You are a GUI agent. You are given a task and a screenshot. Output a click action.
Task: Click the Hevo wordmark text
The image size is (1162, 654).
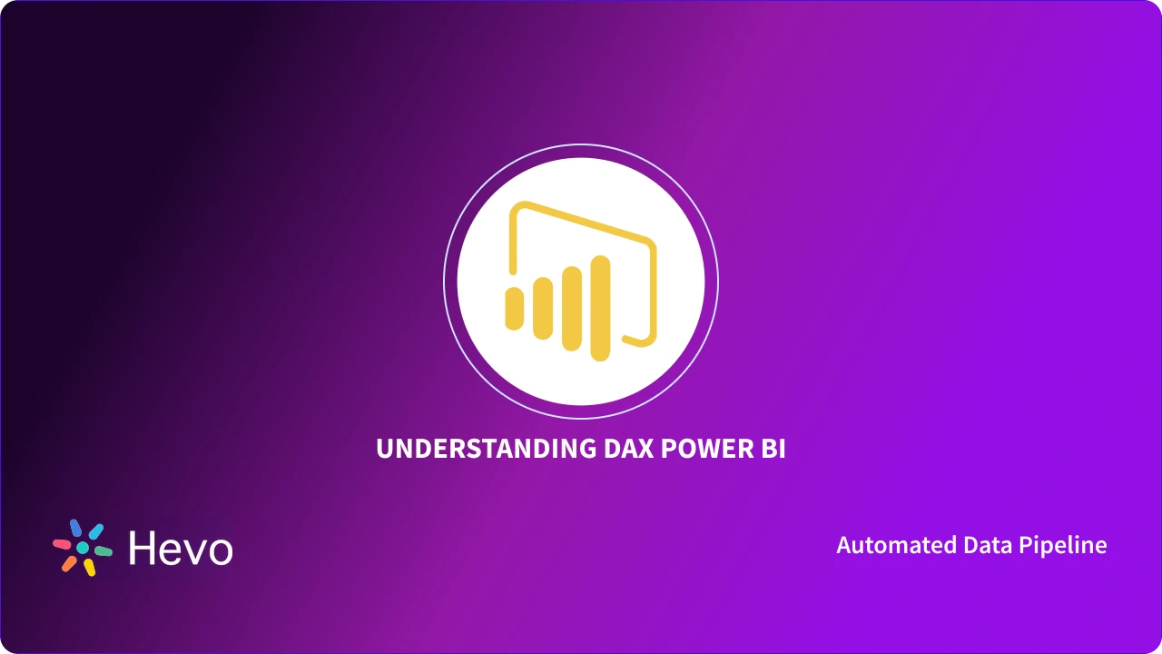click(x=181, y=549)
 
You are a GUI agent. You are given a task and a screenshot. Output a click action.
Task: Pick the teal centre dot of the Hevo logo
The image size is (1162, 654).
click(x=83, y=548)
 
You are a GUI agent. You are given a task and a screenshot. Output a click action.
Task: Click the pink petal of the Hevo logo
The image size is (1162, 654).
click(x=62, y=544)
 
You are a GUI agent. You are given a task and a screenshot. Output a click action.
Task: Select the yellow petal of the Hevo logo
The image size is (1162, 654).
click(x=89, y=568)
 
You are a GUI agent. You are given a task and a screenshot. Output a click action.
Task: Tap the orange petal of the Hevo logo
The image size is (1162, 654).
click(x=69, y=563)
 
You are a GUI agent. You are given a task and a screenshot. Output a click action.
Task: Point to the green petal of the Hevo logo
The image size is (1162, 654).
click(x=103, y=551)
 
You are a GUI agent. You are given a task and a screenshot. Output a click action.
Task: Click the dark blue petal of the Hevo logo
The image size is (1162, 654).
click(x=75, y=528)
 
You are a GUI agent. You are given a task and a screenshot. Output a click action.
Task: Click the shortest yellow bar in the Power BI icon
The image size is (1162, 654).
click(x=515, y=307)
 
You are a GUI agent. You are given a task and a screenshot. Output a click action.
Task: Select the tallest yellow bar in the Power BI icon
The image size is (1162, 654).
click(x=600, y=307)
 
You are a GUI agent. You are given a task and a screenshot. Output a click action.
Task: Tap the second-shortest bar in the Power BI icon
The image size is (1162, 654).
click(x=543, y=308)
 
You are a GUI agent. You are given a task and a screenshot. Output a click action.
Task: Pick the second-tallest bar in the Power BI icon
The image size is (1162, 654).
click(x=571, y=308)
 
